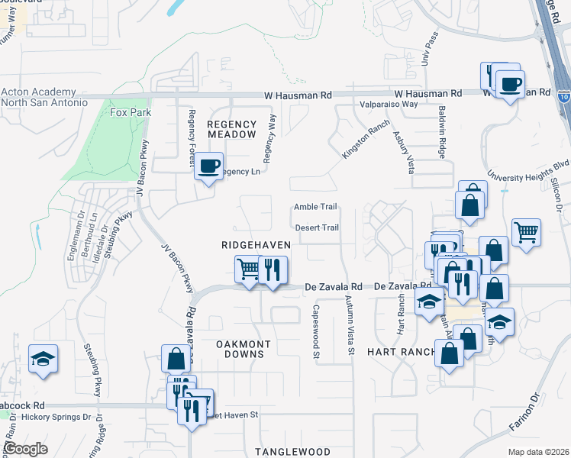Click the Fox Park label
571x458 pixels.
point(131,112)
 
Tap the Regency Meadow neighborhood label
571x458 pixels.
point(231,129)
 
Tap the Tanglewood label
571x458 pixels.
point(292,452)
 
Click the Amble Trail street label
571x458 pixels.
point(315,207)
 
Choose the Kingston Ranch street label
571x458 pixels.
point(361,137)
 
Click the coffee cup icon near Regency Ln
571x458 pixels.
point(208,165)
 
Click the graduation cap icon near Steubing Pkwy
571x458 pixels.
point(43,358)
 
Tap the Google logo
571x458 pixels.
point(26,449)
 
